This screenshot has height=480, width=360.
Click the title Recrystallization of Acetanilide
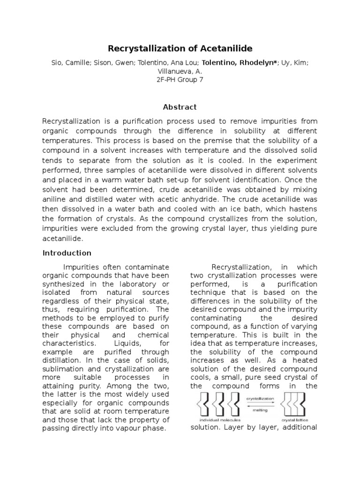point(180,48)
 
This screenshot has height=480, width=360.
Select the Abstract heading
point(180,107)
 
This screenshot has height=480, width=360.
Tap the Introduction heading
point(67,253)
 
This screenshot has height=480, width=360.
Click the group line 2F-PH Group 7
point(180,80)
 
